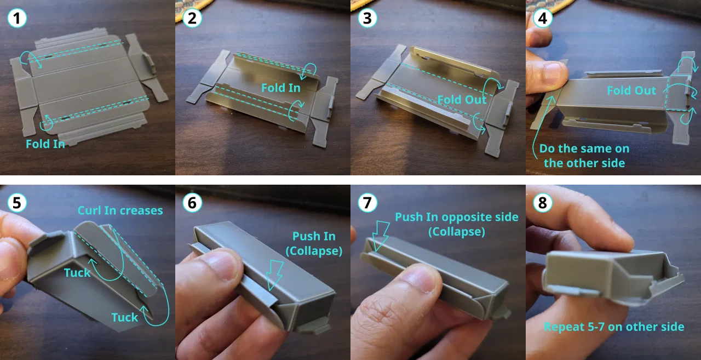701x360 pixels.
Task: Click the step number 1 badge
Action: pos(17,18)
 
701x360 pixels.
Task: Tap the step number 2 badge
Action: pos(192,18)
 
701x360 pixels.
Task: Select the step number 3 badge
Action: pos(367,18)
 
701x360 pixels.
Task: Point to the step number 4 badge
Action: pos(543,18)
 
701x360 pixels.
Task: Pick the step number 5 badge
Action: pos(17,203)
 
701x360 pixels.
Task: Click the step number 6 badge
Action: pos(192,203)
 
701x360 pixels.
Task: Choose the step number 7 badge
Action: pos(367,203)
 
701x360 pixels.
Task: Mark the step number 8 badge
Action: pos(543,203)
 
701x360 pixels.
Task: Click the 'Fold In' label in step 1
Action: pos(45,144)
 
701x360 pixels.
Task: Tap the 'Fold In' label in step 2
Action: pos(281,88)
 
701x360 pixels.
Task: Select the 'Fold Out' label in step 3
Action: pos(462,100)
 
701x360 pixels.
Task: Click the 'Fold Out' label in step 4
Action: pos(631,90)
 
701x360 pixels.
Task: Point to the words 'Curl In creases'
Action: pos(120,210)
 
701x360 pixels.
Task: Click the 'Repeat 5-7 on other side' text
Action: pos(614,327)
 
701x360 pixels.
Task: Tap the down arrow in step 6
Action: pos(275,275)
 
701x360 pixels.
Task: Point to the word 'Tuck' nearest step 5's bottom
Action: pos(124,317)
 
